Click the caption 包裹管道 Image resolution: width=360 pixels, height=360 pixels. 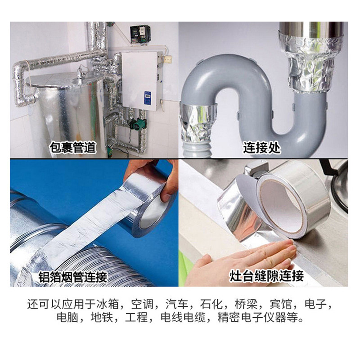click(73, 147)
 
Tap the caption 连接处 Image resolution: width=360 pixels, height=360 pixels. click(262, 148)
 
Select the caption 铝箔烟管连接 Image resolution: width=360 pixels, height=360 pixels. click(72, 277)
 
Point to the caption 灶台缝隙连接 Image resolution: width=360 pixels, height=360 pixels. click(266, 276)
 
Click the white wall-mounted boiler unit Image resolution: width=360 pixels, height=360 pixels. click(139, 81)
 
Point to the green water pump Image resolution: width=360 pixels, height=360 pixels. click(137, 124)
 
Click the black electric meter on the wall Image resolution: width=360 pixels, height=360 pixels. click(140, 34)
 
